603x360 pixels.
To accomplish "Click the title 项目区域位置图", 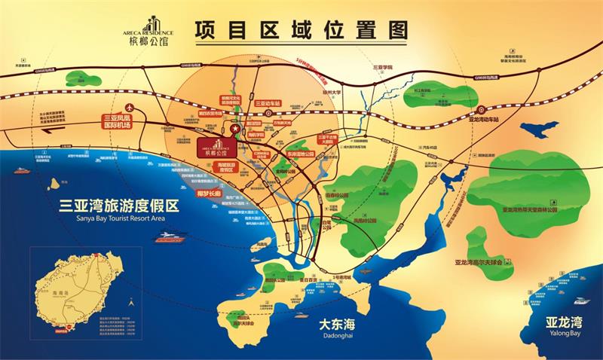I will tap(301, 31).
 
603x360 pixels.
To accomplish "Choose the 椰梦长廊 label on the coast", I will tap(207, 194).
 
